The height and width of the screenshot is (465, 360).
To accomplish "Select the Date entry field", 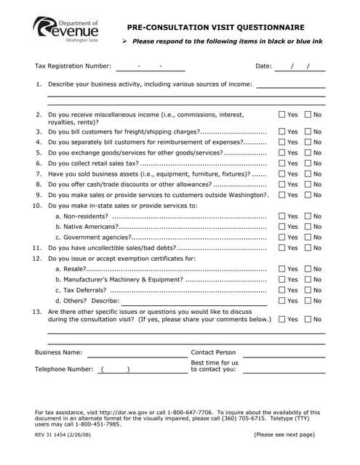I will click(299, 66).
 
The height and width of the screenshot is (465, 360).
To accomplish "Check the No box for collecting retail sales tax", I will click(308, 163).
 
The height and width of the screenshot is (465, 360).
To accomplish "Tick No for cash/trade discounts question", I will click(308, 185).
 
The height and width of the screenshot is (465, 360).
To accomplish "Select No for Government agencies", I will click(308, 237).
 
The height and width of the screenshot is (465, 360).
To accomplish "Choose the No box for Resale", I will click(308, 269).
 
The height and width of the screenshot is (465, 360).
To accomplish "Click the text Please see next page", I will click(284, 434).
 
